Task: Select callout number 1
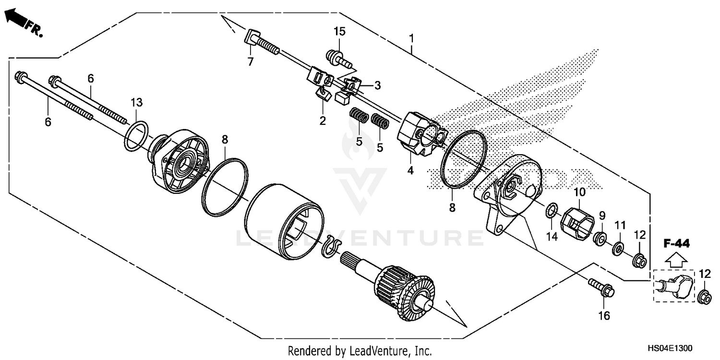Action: coord(411,37)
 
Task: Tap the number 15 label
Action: coord(339,32)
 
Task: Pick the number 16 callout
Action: coord(603,315)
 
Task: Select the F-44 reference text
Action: coord(677,244)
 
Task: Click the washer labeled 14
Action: coord(551,209)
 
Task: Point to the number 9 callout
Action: coord(602,216)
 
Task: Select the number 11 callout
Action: coord(621,224)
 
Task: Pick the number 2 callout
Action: coord(323,120)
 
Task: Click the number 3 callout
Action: coord(378,85)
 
